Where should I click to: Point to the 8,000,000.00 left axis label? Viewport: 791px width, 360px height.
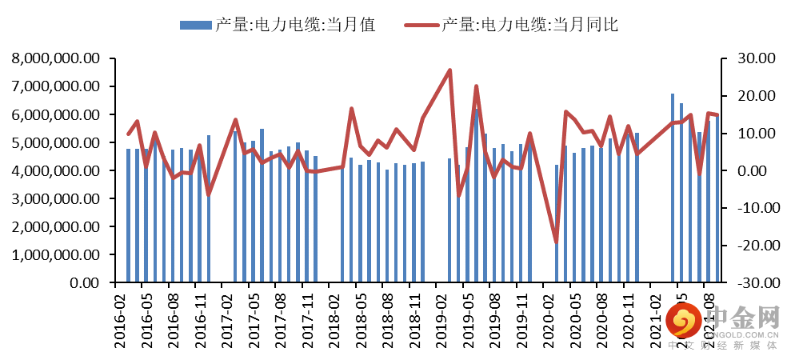coord(56,58)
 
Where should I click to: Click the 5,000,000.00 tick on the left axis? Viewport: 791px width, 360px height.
coord(56,142)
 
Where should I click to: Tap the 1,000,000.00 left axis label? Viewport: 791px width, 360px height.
coord(56,254)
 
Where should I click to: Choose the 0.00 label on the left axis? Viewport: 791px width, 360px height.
coord(85,282)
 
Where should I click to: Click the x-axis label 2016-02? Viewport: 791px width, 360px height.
coord(120,320)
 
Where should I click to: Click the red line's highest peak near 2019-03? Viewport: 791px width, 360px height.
coord(449,70)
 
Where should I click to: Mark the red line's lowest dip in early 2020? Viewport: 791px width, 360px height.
coord(556,242)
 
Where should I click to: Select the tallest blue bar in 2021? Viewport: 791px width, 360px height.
coord(673,188)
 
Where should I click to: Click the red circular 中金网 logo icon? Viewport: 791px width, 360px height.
coord(681,323)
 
